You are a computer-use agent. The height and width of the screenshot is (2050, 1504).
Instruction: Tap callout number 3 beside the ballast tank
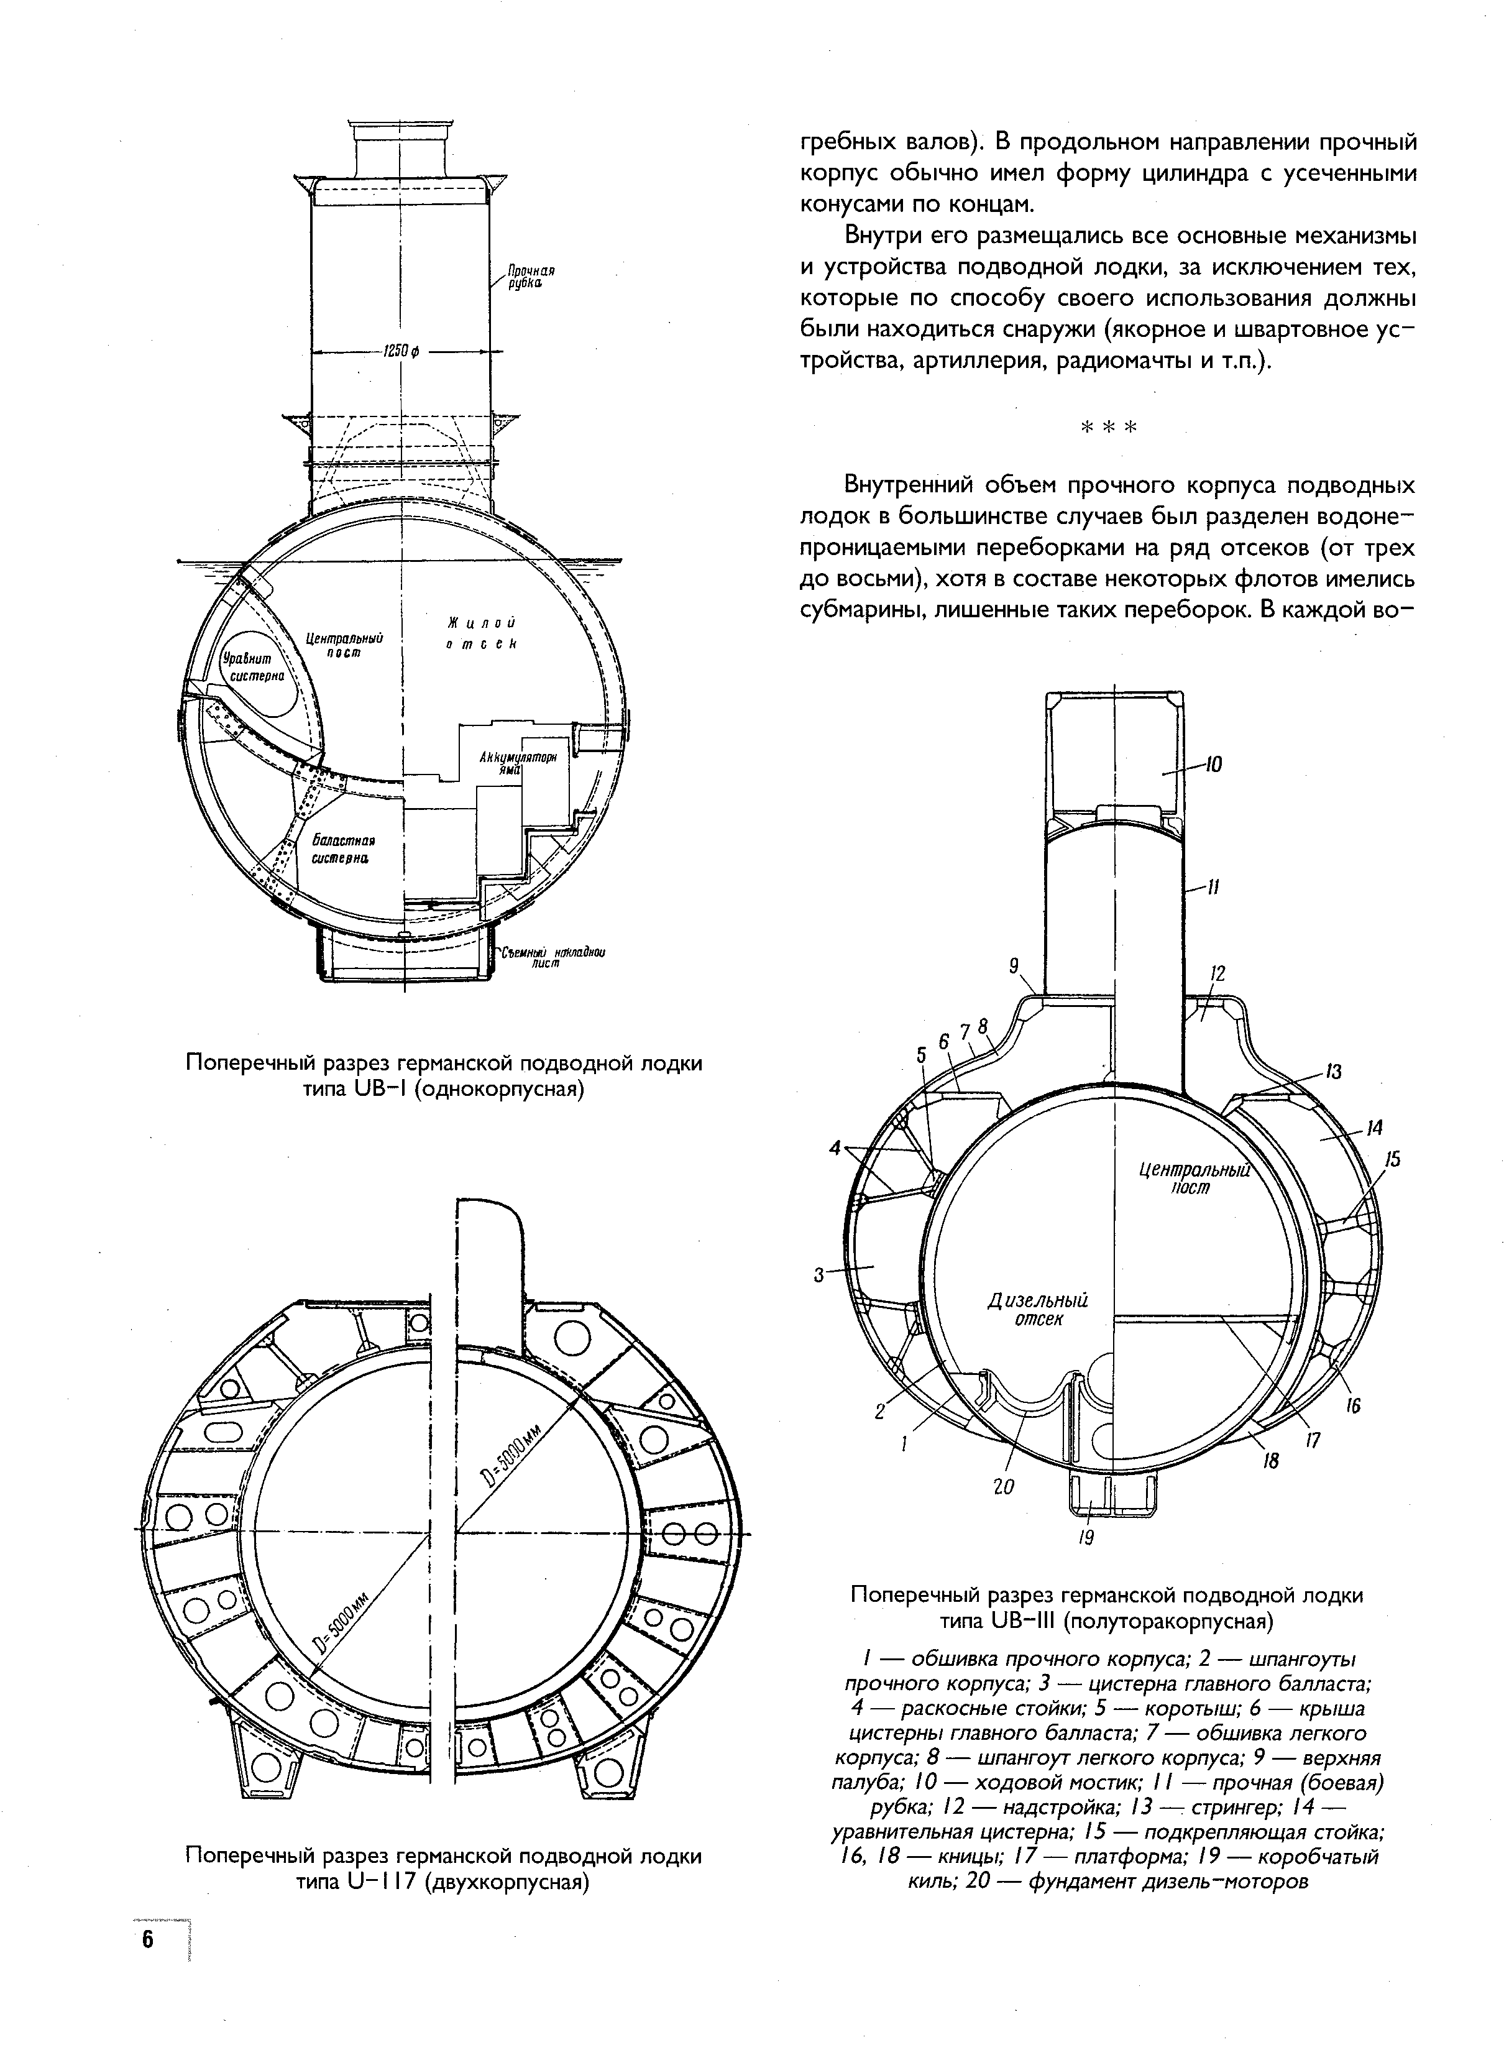coord(818,1276)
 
